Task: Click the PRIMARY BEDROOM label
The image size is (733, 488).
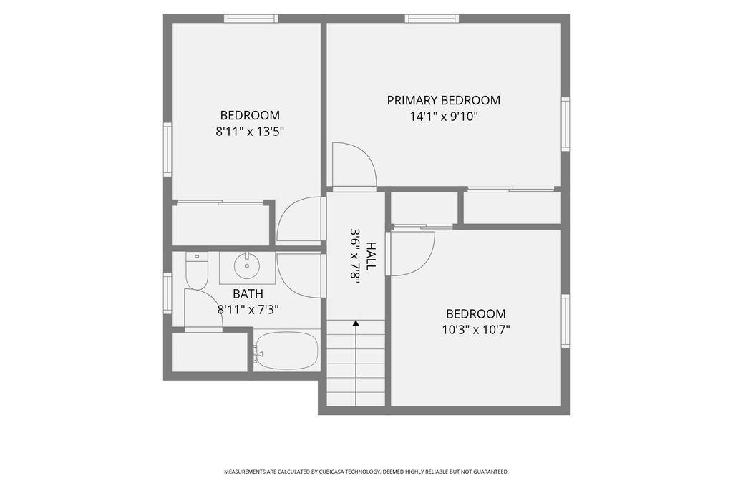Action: [444, 100]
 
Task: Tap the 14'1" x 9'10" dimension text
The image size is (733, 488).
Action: [444, 117]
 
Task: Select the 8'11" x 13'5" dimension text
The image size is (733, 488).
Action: [250, 132]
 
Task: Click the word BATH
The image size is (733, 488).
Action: [248, 294]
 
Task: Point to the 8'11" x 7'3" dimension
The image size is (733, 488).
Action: [248, 309]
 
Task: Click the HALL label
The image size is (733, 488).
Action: [371, 255]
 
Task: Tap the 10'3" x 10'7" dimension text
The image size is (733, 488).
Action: [476, 330]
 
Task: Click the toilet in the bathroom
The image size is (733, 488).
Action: [197, 270]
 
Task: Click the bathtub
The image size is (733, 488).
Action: [286, 351]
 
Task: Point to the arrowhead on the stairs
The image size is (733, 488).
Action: [356, 323]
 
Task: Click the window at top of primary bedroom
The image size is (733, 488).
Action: [432, 19]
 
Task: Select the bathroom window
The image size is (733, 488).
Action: [168, 293]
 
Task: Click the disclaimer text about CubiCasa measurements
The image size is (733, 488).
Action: [366, 472]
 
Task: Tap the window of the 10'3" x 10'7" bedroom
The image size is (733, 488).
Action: [565, 321]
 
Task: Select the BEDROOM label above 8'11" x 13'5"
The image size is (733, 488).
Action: [250, 115]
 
